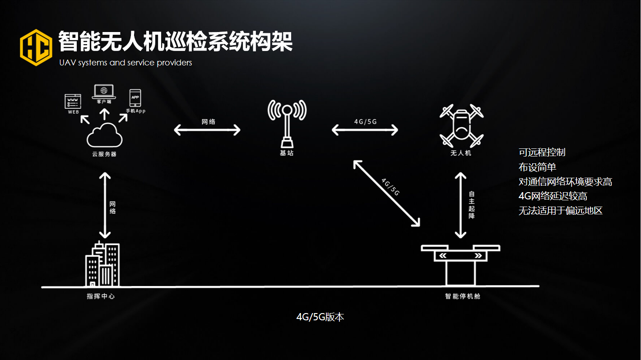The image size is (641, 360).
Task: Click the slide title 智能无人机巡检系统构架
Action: [176, 42]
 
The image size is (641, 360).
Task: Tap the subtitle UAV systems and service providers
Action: [125, 63]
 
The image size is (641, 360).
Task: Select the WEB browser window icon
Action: [74, 102]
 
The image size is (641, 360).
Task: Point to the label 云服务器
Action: [104, 154]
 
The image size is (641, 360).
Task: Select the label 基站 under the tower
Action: [287, 153]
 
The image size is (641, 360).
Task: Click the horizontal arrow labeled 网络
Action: [207, 130]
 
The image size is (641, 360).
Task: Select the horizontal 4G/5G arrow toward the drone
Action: [365, 130]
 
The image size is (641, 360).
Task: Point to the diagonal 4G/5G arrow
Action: [386, 193]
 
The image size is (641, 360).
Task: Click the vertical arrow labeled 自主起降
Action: [460, 205]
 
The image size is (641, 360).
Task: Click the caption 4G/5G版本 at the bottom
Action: [320, 317]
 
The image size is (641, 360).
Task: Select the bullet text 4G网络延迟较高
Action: [553, 196]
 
